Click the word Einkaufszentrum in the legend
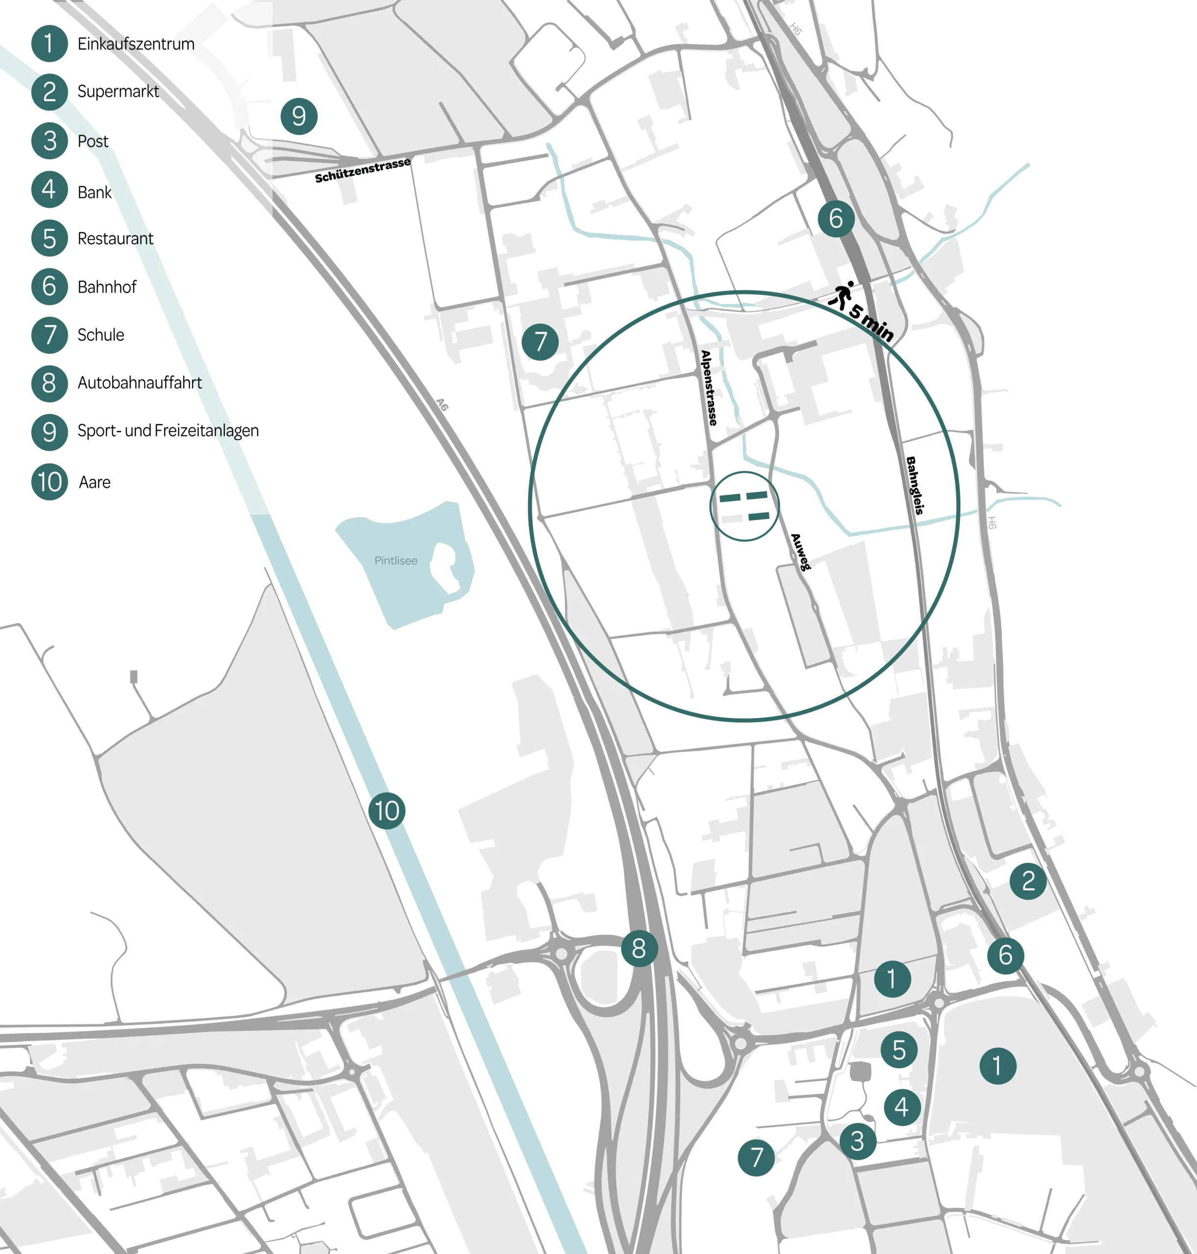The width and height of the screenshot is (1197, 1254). [x=135, y=44]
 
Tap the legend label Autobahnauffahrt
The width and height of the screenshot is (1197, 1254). [x=139, y=383]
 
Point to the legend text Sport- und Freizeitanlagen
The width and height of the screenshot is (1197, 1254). [x=168, y=431]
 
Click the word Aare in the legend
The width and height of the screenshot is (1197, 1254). [x=95, y=482]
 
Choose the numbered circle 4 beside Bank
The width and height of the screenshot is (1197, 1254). [x=49, y=190]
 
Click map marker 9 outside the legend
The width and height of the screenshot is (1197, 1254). [x=298, y=116]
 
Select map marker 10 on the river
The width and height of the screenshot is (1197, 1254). [x=387, y=811]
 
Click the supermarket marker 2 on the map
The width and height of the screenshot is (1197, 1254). [x=1028, y=881]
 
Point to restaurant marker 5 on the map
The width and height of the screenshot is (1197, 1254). [x=899, y=1050]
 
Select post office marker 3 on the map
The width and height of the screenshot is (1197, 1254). [x=857, y=1141]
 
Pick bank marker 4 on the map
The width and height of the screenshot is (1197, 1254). [x=901, y=1107]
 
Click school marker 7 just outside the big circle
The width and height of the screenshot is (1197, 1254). [x=540, y=342]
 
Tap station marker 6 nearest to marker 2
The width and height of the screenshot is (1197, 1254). [x=1005, y=955]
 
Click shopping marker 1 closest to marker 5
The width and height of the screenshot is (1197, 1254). [x=891, y=978]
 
